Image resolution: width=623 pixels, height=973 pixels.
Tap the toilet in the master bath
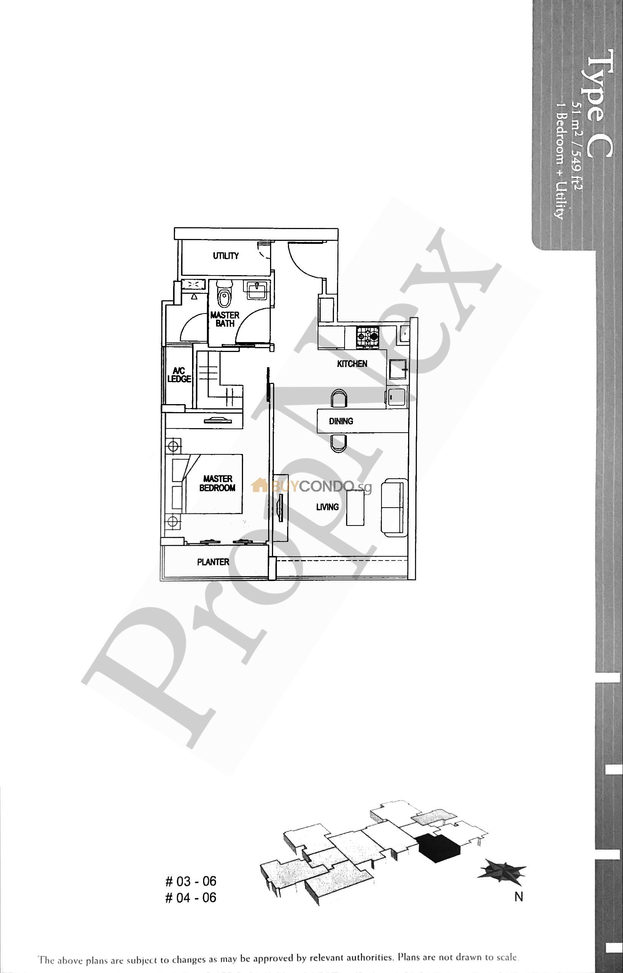(x=223, y=296)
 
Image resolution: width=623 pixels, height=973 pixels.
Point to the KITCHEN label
(x=352, y=363)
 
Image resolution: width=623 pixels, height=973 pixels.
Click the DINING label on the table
(x=341, y=421)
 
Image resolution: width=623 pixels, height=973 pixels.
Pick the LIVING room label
(x=327, y=507)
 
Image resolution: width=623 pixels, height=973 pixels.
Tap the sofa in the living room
(x=392, y=508)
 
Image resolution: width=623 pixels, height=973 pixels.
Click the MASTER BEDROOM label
(x=217, y=483)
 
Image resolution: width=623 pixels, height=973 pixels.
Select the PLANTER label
(x=213, y=562)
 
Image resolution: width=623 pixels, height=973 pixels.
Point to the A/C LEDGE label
(x=179, y=375)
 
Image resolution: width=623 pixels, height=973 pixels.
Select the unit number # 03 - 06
(x=191, y=881)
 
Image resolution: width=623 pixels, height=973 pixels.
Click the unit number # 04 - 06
(x=191, y=898)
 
